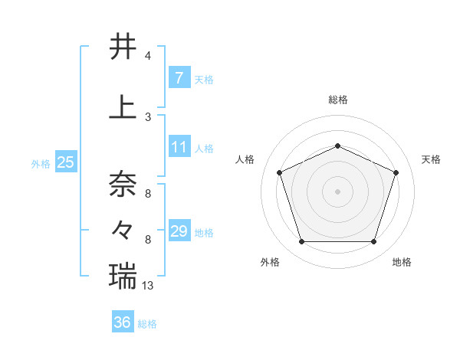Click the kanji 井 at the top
123,47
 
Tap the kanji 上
123,107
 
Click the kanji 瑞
123,274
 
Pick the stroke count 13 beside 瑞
149,285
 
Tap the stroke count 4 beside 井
148,56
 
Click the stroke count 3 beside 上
148,116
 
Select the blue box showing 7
179,78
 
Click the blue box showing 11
179,147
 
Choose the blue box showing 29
179,231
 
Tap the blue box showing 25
66,162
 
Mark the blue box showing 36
123,322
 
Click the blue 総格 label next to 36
147,324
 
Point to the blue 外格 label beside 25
41,164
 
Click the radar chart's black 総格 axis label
337,100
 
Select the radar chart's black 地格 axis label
402,262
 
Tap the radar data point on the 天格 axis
396,172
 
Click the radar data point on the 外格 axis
301,242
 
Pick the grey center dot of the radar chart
337,191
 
